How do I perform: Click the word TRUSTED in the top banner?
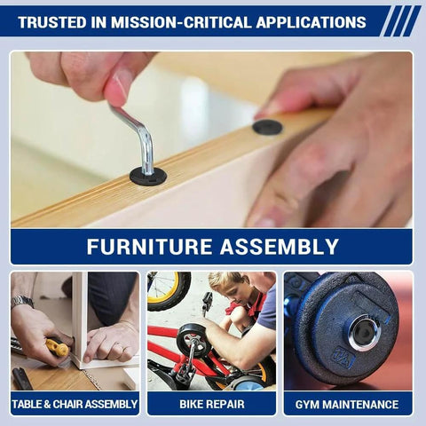pyautogui.click(x=52, y=22)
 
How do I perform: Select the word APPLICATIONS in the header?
pyautogui.click(x=311, y=22)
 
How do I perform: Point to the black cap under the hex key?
pyautogui.click(x=148, y=177)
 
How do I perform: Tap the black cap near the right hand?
pyautogui.click(x=267, y=127)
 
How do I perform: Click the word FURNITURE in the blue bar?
pyautogui.click(x=149, y=247)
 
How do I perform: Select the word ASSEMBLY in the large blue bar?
pyautogui.click(x=280, y=247)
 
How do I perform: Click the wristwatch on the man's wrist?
pyautogui.click(x=22, y=302)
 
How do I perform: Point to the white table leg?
pyautogui.click(x=80, y=318)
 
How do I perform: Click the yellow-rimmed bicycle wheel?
pyautogui.click(x=169, y=291)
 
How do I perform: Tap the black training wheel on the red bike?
pyautogui.click(x=193, y=340)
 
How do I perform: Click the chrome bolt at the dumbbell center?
pyautogui.click(x=364, y=333)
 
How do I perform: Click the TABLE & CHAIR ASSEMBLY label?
pyautogui.click(x=75, y=404)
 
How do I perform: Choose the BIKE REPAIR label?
pyautogui.click(x=212, y=404)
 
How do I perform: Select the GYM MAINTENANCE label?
pyautogui.click(x=347, y=405)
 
